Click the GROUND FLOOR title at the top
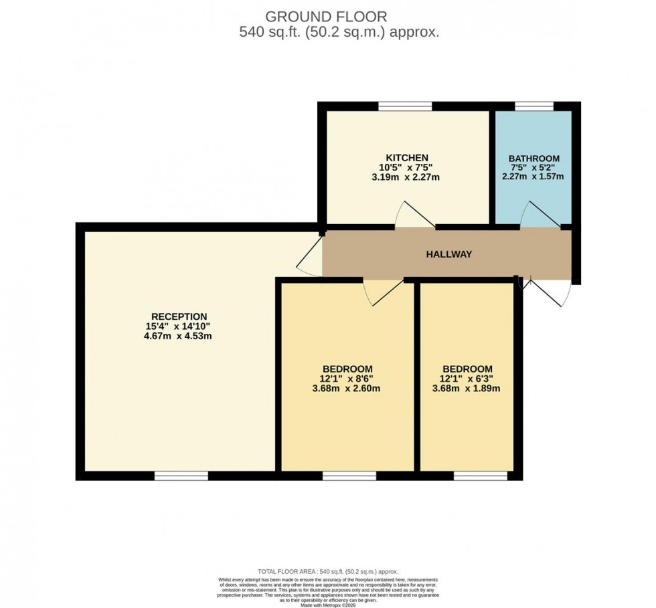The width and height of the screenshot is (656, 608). click(326, 16)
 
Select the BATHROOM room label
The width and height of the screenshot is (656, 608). click(534, 159)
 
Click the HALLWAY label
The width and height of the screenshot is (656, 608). click(449, 254)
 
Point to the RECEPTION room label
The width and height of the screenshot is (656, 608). click(179, 316)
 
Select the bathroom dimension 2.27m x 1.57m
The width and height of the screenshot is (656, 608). click(534, 177)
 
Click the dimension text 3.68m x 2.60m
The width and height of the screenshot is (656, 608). click(347, 388)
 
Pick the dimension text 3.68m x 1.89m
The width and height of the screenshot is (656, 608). click(467, 388)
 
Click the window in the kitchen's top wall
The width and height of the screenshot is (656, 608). click(405, 106)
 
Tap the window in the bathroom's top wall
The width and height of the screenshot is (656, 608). click(534, 106)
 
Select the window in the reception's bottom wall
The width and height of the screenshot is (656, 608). click(181, 476)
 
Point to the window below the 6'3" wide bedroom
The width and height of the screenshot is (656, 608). click(481, 476)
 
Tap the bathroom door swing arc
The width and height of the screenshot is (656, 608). click(538, 215)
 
